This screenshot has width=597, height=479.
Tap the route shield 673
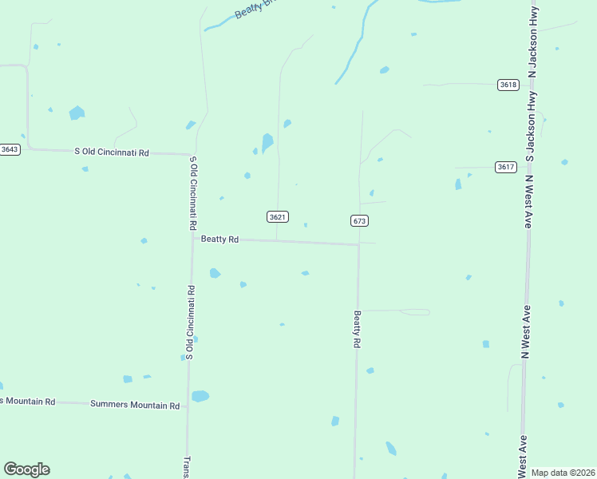358,220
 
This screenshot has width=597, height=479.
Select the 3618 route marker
508,85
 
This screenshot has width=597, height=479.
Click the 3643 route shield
10,149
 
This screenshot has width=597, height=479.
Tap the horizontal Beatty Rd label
219,239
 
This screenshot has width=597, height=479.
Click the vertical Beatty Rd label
358,329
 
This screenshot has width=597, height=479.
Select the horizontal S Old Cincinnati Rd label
112,152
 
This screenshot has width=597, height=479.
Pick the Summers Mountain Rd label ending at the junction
135,406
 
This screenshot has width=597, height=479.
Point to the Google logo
26,469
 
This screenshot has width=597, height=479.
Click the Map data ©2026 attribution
563,473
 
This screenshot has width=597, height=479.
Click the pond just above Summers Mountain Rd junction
200,396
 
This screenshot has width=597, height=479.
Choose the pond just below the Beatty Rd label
215,273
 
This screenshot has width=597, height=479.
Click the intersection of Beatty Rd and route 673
358,244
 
